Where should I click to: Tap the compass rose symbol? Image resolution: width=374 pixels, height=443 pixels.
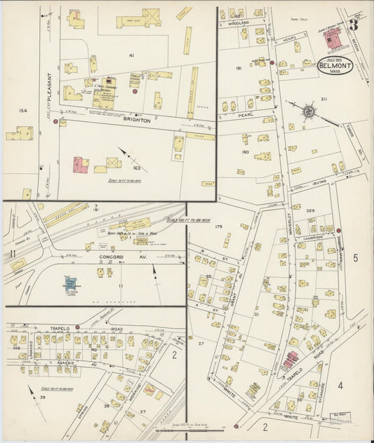[308, 111]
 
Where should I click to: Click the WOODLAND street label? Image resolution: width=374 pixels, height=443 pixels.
[234, 23]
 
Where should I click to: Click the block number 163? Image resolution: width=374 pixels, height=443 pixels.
[135, 169]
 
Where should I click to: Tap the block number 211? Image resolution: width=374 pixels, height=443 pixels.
[324, 100]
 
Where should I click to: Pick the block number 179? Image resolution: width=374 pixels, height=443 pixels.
[218, 226]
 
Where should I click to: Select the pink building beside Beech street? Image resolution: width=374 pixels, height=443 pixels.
[83, 165]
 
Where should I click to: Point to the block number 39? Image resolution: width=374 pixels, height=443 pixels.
[41, 398]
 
